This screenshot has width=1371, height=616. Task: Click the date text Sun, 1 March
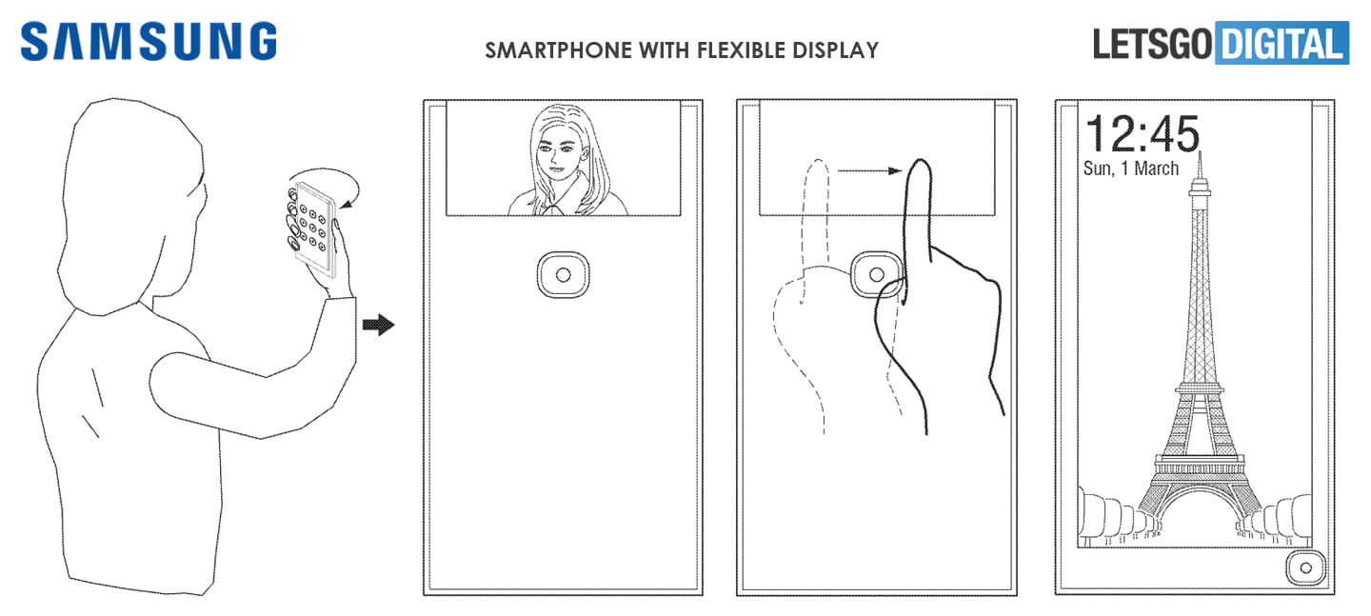click(x=1131, y=169)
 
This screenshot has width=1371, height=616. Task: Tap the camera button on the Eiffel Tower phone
click(x=1305, y=567)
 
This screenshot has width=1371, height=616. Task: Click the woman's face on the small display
click(x=561, y=152)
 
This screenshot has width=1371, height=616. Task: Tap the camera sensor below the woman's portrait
click(x=563, y=275)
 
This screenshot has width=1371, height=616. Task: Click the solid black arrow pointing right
click(x=378, y=326)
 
